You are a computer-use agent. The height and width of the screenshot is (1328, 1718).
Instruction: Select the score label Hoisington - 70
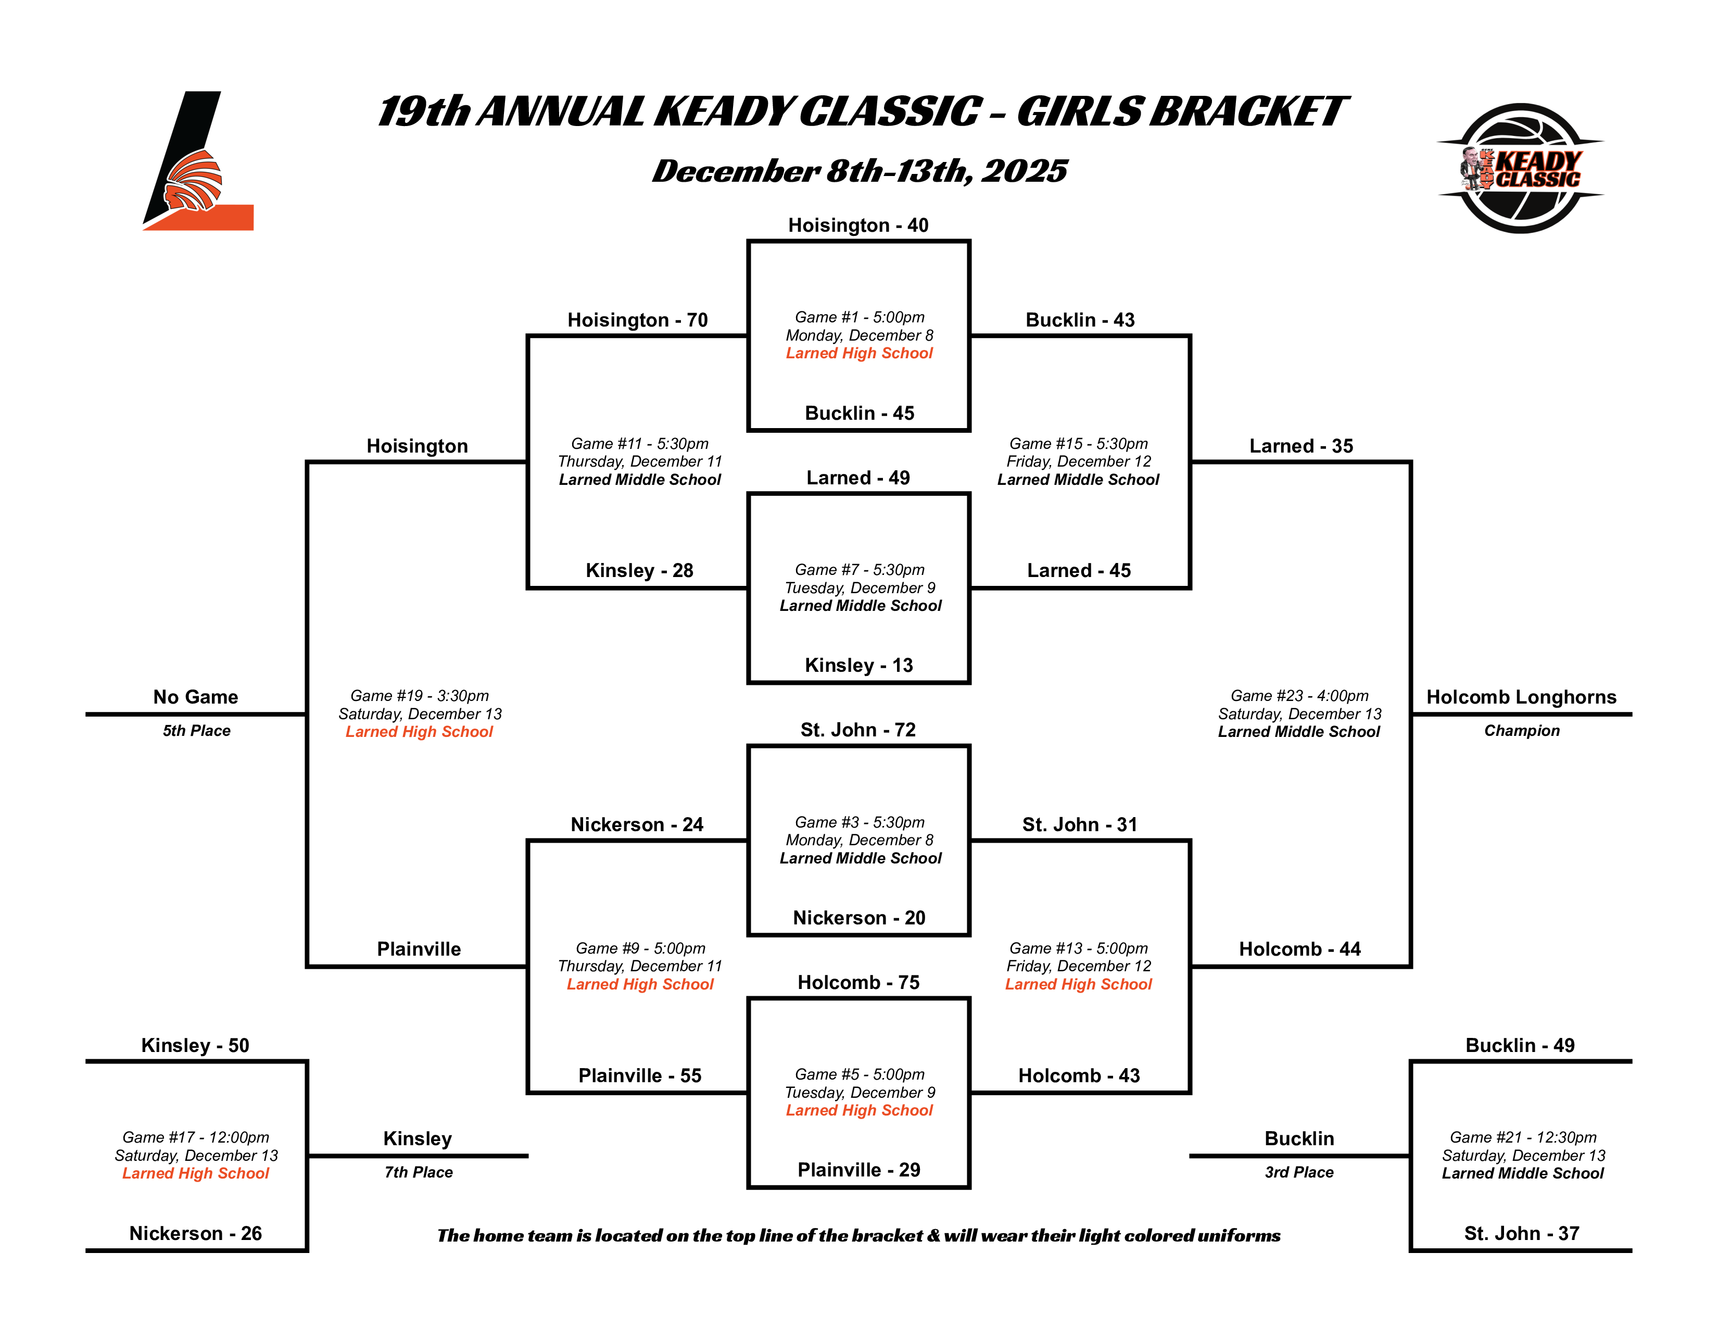pyautogui.click(x=637, y=320)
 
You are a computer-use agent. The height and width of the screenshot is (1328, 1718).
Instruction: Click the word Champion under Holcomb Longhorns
pyautogui.click(x=1521, y=731)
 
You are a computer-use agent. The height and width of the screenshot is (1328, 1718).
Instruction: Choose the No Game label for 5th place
pyautogui.click(x=195, y=697)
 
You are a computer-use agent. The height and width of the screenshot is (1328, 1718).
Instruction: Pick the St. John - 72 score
pyautogui.click(x=858, y=730)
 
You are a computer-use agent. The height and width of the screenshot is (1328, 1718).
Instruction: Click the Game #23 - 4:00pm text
pyautogui.click(x=1299, y=695)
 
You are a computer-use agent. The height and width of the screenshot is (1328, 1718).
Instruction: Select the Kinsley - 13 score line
pyautogui.click(x=858, y=666)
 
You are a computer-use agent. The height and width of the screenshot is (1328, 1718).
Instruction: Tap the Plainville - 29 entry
pyautogui.click(x=858, y=1170)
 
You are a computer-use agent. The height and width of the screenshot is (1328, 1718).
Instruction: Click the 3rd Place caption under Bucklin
pyautogui.click(x=1299, y=1172)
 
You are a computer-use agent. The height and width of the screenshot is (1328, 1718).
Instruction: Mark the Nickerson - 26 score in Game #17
pyautogui.click(x=195, y=1234)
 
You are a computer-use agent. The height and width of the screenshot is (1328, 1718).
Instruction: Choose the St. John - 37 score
pyautogui.click(x=1521, y=1234)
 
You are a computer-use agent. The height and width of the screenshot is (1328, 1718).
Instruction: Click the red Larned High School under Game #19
pyautogui.click(x=419, y=732)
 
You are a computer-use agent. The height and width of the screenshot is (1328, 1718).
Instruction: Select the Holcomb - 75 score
pyautogui.click(x=858, y=983)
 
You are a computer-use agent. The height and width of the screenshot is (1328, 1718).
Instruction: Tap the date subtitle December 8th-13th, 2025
pyautogui.click(x=859, y=171)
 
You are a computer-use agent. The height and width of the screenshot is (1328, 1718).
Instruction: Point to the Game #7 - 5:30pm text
pyautogui.click(x=859, y=570)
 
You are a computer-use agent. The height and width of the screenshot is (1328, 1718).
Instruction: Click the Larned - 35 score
pyautogui.click(x=1300, y=446)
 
